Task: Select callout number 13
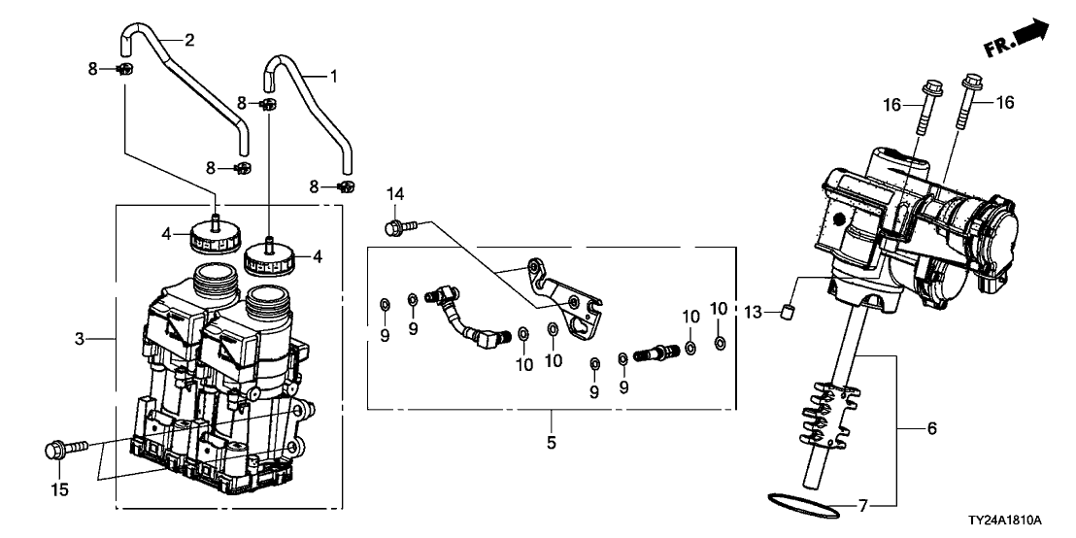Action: [x=754, y=313]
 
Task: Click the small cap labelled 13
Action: [x=788, y=314]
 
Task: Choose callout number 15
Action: [x=60, y=490]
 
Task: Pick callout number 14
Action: [x=395, y=194]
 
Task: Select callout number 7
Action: [x=863, y=506]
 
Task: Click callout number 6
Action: [x=932, y=428]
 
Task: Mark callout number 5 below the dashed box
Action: [x=552, y=443]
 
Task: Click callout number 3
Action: [x=80, y=339]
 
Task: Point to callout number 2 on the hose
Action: [x=189, y=40]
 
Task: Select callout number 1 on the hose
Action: [x=334, y=76]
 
